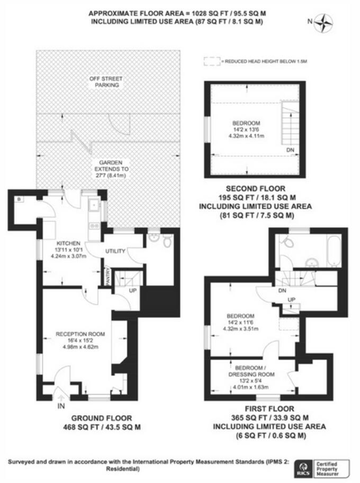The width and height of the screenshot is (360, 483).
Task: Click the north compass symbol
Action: [x=325, y=22]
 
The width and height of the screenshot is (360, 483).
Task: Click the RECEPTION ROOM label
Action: [x=80, y=334]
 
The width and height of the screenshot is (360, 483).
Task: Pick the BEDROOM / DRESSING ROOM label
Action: [x=255, y=371]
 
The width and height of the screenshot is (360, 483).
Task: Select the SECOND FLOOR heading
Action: [x=255, y=188]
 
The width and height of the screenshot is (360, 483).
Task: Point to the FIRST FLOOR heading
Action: [x=269, y=408]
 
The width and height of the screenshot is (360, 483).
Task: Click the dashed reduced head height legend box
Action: [x=211, y=61]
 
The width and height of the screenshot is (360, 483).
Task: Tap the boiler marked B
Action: [x=19, y=200]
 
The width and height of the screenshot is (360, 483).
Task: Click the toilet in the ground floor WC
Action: [x=167, y=241]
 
